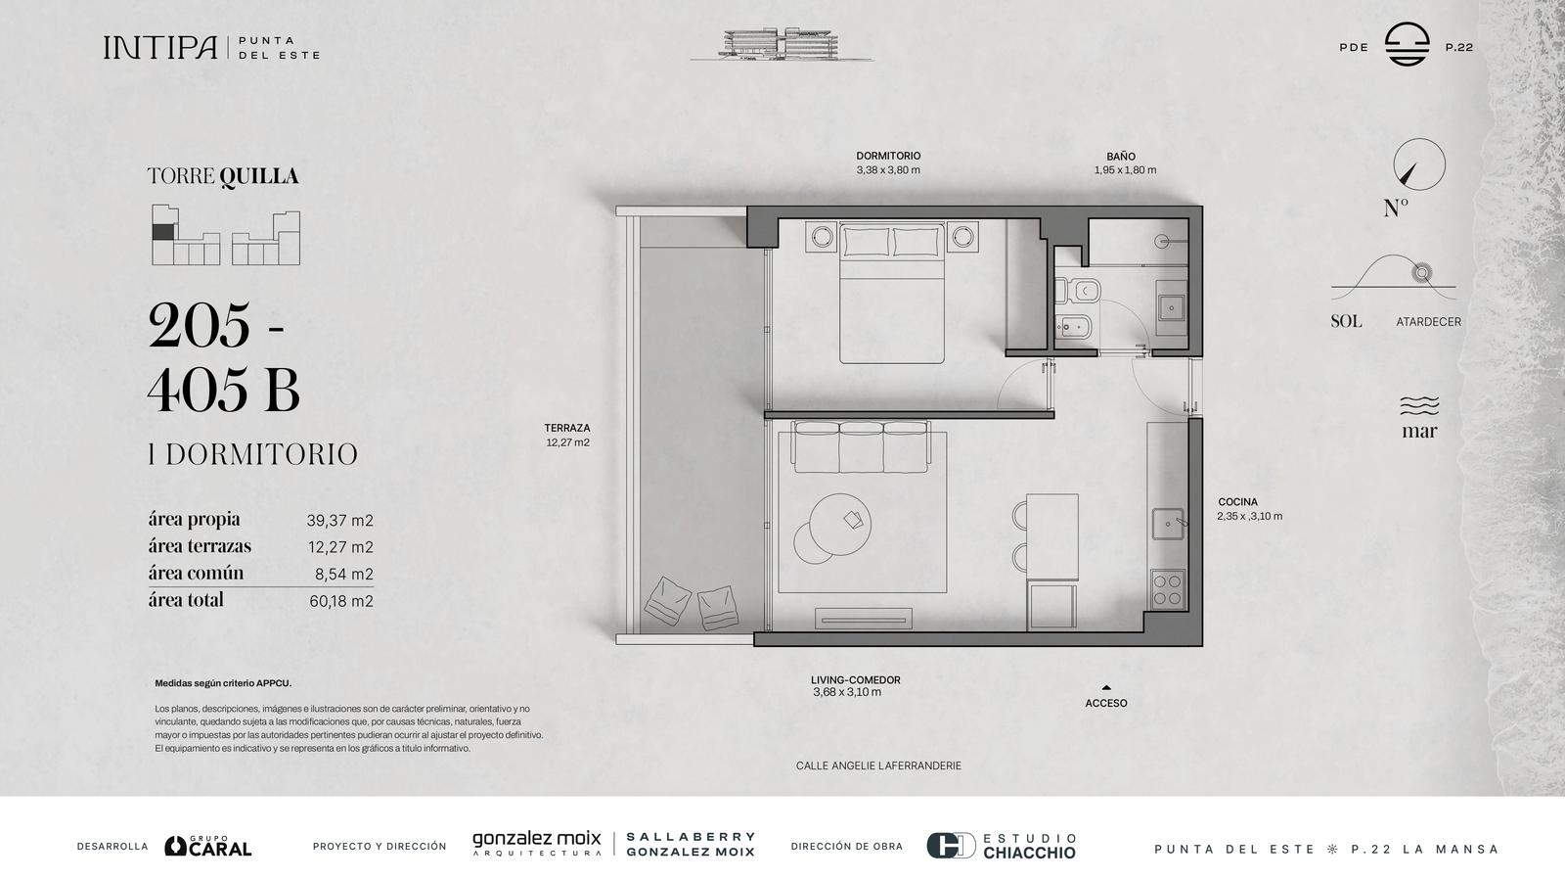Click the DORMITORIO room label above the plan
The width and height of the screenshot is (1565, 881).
(x=888, y=156)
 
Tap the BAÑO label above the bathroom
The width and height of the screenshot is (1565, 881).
(x=1121, y=157)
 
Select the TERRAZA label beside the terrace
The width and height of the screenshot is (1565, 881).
(x=567, y=428)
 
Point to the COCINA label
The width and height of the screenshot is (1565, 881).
(x=1237, y=502)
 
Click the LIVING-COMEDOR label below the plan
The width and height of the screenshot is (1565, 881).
(x=855, y=679)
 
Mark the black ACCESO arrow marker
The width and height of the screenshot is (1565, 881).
(x=1106, y=688)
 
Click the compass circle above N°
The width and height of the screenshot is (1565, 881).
(x=1419, y=164)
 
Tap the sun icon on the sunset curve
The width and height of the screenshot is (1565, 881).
(x=1421, y=273)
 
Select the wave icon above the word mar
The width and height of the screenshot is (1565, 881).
(x=1419, y=405)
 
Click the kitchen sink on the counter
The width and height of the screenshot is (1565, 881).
(x=1168, y=524)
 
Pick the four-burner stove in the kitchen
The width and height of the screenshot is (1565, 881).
(x=1168, y=589)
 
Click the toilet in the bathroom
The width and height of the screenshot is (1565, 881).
(x=1078, y=290)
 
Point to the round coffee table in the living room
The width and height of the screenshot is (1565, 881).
(x=840, y=525)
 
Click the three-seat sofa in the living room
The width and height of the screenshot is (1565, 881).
(x=861, y=446)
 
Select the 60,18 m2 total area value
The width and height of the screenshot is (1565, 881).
(x=341, y=601)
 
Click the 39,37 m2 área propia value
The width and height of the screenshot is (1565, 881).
(x=339, y=520)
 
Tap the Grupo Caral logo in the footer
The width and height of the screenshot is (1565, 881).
(x=208, y=846)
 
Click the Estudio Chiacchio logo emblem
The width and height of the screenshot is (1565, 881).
(x=951, y=846)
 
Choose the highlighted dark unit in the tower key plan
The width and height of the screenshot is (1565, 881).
(x=162, y=232)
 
